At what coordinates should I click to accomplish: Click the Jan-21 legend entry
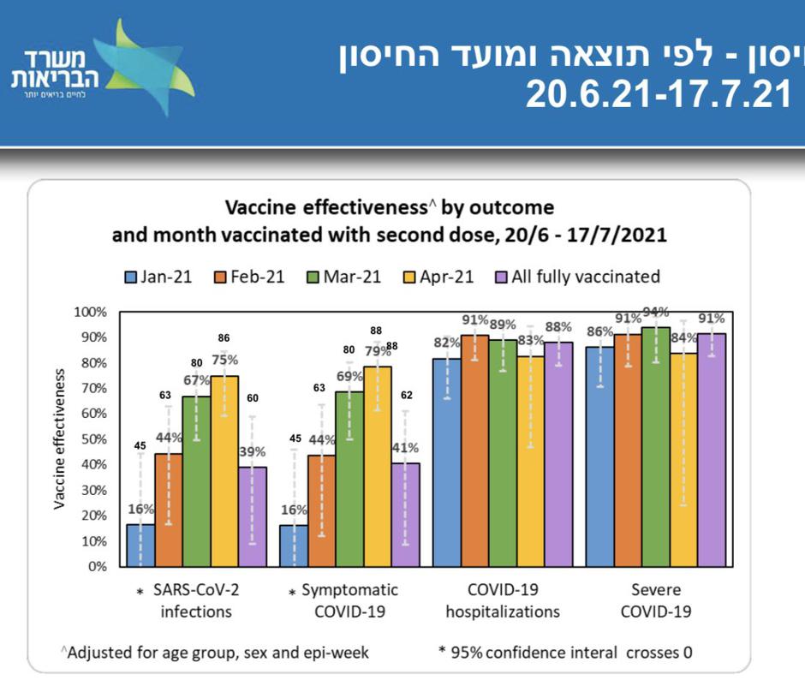[158, 277]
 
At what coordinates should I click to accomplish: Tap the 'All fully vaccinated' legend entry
[577, 277]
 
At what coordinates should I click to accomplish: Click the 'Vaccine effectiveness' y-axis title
[59, 438]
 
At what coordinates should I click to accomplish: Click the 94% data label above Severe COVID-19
[656, 313]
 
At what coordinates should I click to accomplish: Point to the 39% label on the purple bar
[253, 451]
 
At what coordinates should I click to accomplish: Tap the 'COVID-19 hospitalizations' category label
[503, 600]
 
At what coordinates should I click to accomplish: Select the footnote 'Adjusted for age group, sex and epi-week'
[215, 653]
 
